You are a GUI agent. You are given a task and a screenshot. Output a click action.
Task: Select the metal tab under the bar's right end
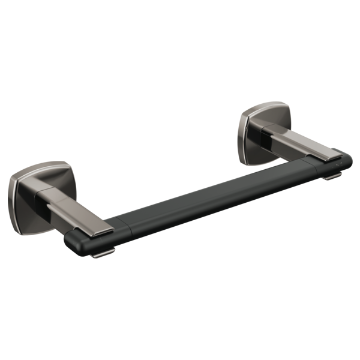click(331, 177)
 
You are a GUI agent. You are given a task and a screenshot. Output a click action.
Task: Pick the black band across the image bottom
click(180, 309)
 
